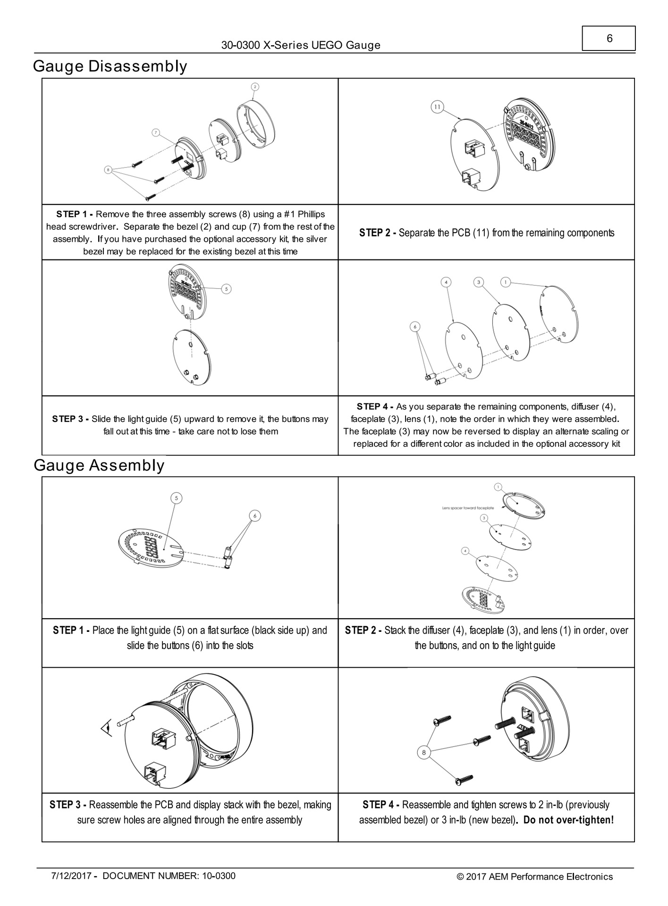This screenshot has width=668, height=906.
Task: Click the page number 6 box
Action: (x=609, y=39)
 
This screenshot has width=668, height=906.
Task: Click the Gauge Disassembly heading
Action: (x=110, y=66)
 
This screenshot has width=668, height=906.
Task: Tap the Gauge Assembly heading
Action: (x=99, y=465)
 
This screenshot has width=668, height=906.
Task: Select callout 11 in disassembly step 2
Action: (x=437, y=107)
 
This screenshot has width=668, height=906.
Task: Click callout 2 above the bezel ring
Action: (x=254, y=87)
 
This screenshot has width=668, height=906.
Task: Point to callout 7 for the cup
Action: (x=156, y=133)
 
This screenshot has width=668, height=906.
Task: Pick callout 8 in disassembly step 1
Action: (x=109, y=169)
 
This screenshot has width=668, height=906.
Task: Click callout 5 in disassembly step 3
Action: (x=227, y=289)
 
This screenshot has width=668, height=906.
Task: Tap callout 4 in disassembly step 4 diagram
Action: (x=446, y=283)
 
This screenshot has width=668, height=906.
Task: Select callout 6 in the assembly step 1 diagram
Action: (x=254, y=516)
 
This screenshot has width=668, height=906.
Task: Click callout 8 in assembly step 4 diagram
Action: (x=423, y=752)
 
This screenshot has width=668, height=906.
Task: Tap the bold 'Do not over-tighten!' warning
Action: (x=568, y=820)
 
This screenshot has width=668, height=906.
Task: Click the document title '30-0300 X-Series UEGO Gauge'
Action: (x=301, y=45)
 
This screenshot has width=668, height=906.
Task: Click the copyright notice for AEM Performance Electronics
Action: (x=534, y=877)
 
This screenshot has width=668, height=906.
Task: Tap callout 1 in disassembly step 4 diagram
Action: (x=505, y=282)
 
